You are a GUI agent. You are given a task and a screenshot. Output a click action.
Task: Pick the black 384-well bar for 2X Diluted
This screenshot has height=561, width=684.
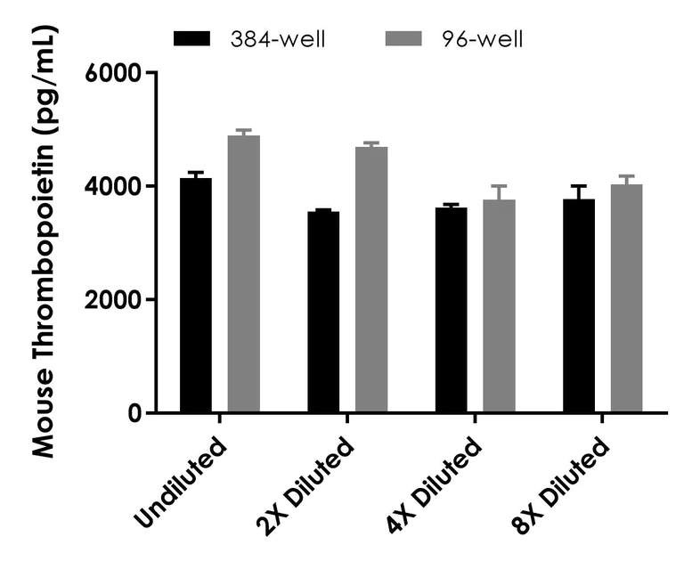pos(323,313)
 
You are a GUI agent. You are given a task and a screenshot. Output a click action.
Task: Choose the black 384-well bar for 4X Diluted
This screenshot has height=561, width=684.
pos(451,311)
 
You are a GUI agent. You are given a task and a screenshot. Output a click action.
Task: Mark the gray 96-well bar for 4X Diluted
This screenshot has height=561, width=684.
pos(499,306)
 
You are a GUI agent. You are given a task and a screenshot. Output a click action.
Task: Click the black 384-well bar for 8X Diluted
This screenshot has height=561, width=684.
pos(579,306)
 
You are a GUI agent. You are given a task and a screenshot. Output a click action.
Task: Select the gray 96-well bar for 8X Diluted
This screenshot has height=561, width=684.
pos(626,299)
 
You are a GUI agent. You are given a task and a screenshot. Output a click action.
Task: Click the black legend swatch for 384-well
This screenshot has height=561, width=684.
pos(191,38)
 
